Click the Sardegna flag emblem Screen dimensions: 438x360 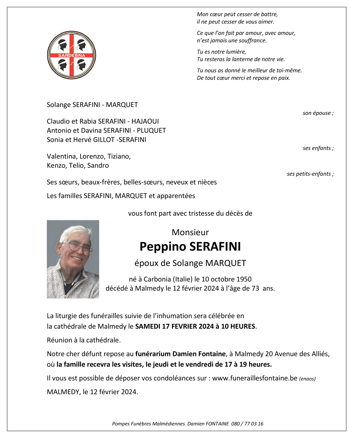point(71,55)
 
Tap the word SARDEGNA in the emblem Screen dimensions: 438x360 point(71,55)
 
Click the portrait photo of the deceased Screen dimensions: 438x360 point(73,259)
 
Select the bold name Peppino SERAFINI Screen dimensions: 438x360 point(190,246)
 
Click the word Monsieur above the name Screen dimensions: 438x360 point(190,232)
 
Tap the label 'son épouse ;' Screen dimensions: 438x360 point(318,113)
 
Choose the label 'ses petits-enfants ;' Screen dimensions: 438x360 point(310,174)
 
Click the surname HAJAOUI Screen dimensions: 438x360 point(145,121)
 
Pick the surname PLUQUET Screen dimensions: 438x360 point(151,130)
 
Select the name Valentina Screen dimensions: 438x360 point(62,156)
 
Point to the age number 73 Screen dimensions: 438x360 point(255,288)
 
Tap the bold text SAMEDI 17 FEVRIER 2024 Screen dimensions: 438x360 point(174,326)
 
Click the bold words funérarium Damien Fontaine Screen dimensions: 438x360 point(180,354)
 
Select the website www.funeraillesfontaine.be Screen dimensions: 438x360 point(255,378)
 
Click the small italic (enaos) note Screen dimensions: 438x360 point(307,379)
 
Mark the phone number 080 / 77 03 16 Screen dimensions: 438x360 point(247,424)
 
